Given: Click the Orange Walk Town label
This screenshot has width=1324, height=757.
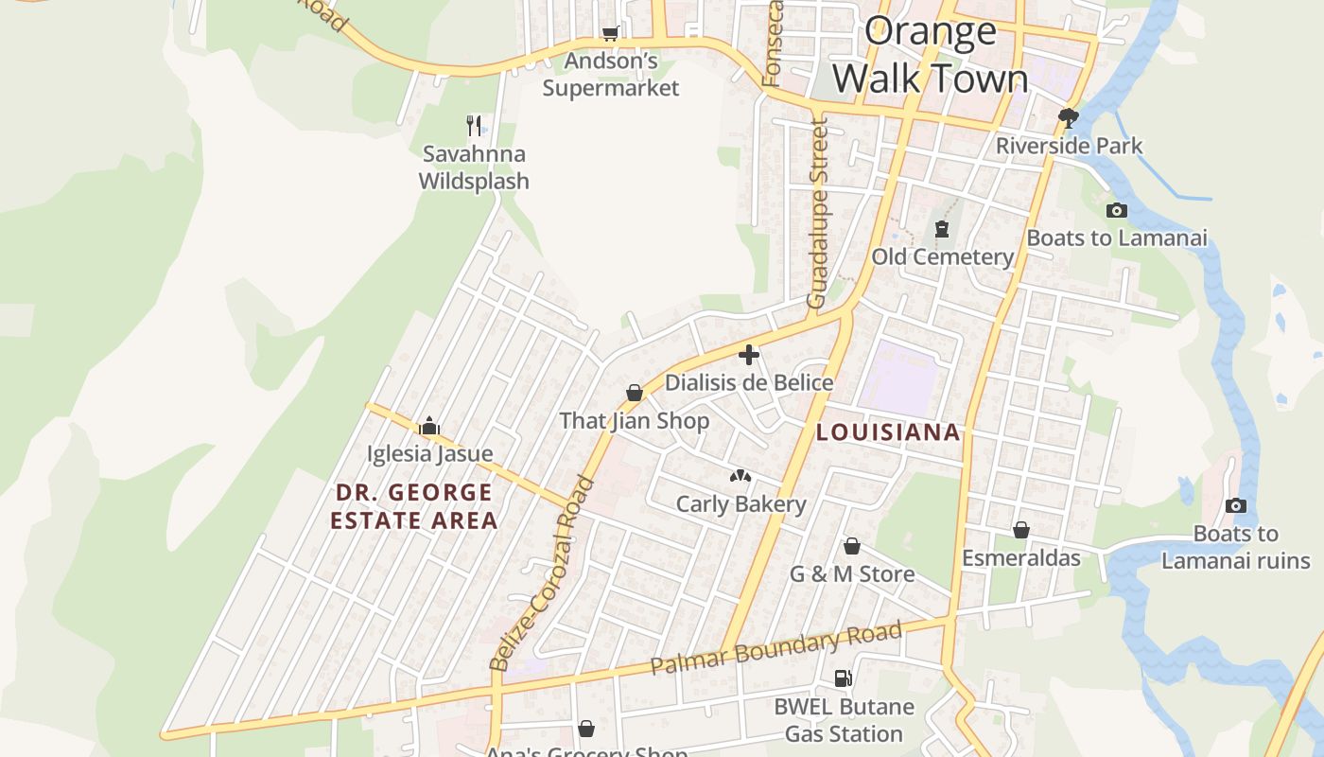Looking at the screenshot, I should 931,55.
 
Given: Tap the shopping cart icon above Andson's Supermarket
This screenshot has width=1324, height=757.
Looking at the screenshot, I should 611,34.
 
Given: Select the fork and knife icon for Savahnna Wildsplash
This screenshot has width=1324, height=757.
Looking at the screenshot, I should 474,125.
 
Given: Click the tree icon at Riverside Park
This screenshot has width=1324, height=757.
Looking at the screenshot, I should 1069,118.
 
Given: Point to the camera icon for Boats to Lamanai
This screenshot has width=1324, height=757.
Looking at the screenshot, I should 1116,210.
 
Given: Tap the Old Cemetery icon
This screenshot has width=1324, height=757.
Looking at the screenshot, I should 942,229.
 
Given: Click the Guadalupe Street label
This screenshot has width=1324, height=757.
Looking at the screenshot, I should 817,213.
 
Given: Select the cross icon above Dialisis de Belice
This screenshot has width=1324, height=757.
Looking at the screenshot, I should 749,355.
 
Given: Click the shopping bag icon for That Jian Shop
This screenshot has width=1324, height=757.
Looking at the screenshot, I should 635,393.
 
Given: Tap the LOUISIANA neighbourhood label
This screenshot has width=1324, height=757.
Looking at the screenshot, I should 887,432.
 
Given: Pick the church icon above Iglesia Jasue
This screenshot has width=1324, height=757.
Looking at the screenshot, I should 429,426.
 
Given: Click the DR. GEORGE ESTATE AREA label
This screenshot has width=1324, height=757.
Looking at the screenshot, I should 413,506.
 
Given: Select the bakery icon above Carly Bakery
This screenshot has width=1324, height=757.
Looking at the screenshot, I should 740,476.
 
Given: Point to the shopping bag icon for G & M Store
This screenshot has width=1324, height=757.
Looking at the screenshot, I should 852,546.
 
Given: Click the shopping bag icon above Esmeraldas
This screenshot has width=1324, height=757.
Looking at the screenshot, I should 1021,530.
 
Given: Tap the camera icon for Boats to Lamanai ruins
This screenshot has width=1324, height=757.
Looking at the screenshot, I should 1235,506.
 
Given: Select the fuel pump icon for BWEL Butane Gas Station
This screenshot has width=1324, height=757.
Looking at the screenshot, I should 843,678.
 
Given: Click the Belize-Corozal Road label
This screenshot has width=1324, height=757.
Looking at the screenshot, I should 543,573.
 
